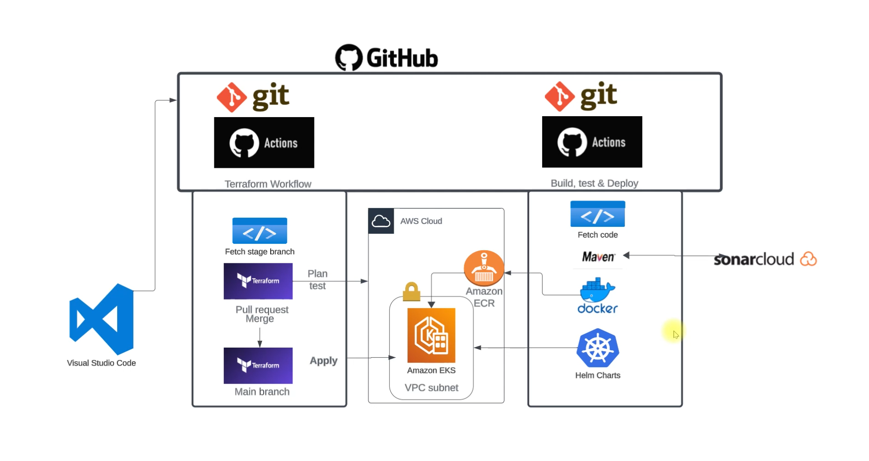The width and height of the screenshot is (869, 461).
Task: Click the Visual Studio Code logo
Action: click(102, 319)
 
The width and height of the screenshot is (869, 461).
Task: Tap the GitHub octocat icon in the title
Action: click(349, 57)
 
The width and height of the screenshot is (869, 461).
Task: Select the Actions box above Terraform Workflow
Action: click(264, 143)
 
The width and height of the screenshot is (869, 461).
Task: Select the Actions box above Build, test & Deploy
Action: click(592, 142)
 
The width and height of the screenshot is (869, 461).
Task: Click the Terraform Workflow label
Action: click(268, 184)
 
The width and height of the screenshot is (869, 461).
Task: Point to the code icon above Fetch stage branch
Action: click(260, 231)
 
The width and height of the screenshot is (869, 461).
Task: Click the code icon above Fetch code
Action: click(597, 214)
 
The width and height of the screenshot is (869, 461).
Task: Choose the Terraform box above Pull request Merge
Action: click(258, 281)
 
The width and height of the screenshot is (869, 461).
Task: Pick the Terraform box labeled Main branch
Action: click(258, 365)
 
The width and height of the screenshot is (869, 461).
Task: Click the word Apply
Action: click(323, 361)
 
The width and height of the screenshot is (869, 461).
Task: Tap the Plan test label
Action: click(317, 279)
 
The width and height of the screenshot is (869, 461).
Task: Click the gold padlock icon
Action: click(411, 292)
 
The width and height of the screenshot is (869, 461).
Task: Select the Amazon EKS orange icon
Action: click(431, 335)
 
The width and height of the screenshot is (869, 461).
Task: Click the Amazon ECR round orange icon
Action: click(483, 268)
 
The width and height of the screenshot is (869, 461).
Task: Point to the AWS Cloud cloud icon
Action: click(381, 221)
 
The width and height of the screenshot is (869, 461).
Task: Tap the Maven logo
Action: click(598, 257)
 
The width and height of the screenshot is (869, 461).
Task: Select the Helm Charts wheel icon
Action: click(597, 348)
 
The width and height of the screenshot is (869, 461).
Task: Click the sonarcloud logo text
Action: click(754, 259)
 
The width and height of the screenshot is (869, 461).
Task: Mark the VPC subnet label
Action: click(431, 388)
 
